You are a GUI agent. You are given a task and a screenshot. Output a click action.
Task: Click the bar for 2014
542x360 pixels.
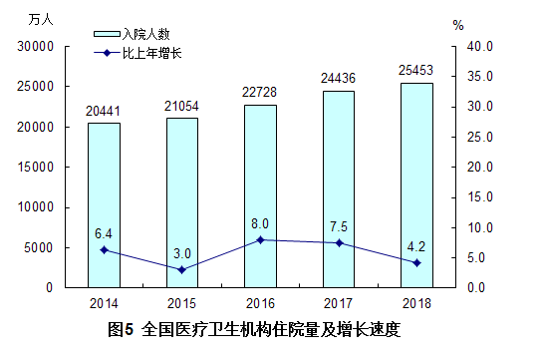pos(104,204)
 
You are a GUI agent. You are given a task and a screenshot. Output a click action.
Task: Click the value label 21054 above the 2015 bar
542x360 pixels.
pos(181,106)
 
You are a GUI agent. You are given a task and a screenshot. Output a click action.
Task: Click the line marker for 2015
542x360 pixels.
pos(181,269)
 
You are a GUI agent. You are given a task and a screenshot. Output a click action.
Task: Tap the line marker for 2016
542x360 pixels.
pos(260,239)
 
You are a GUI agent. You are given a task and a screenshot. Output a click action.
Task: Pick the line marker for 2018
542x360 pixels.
pos(416,262)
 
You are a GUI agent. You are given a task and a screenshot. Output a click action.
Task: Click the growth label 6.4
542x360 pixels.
pos(104,233)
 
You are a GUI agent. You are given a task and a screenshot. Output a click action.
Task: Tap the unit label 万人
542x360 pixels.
pos(43,20)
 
